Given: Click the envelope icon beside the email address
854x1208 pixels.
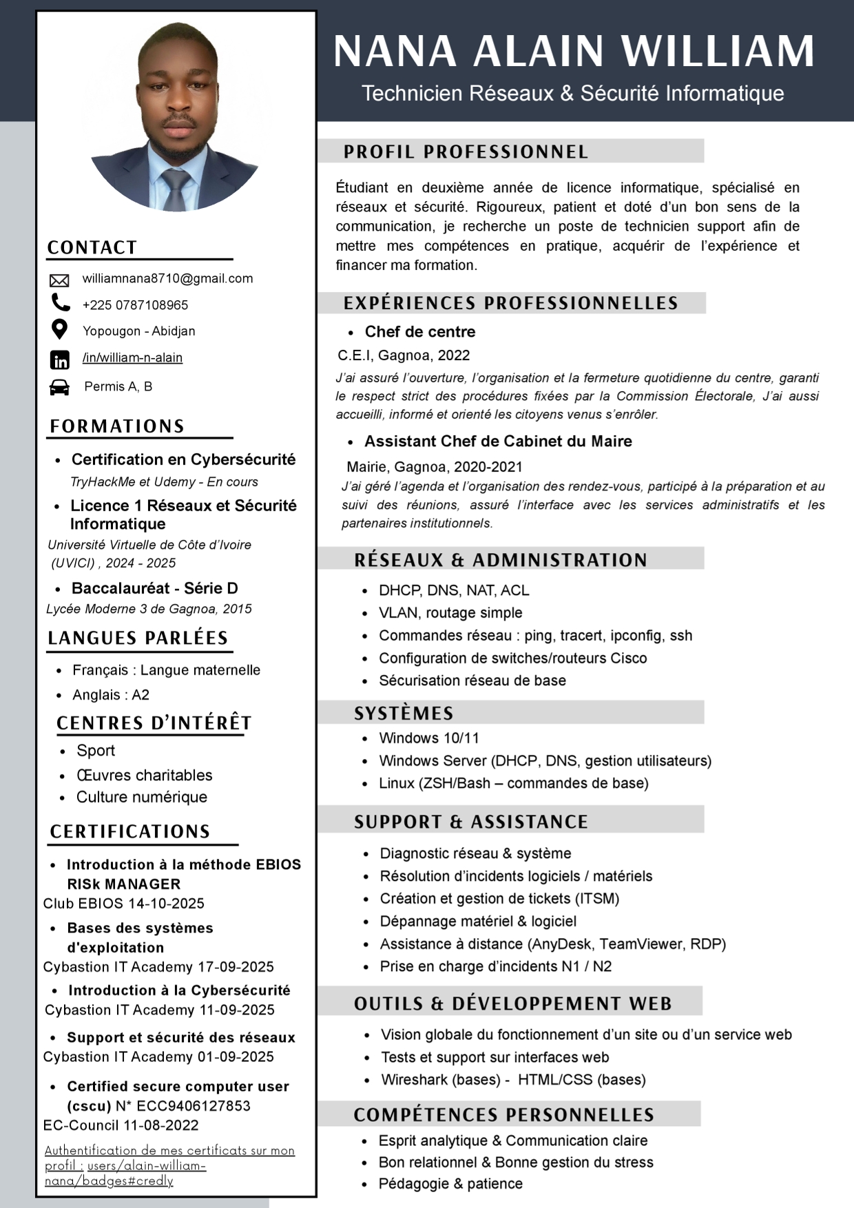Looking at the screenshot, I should [x=59, y=280].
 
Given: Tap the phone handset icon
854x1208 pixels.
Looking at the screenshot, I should [x=61, y=302].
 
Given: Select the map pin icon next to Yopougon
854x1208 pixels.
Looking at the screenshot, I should [x=60, y=329].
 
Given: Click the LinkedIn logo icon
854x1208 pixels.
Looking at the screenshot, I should [x=60, y=360].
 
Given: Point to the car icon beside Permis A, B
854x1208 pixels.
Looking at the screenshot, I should [x=60, y=387].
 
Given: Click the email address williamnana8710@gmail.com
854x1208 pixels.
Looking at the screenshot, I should [x=167, y=279].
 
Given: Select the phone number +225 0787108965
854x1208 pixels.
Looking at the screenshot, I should [x=135, y=305].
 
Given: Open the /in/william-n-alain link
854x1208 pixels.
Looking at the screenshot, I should [x=132, y=357].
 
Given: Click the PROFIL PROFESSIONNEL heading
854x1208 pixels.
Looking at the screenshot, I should [x=466, y=152].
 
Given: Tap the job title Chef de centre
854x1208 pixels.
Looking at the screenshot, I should [x=420, y=332].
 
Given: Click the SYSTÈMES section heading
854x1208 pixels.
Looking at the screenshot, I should [x=404, y=714].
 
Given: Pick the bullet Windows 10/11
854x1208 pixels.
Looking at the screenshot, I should [x=428, y=738].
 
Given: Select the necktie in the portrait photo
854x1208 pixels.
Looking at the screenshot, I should [x=176, y=189].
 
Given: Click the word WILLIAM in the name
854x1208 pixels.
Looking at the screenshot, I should [x=718, y=51].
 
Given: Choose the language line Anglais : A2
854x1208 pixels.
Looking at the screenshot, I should [x=111, y=695].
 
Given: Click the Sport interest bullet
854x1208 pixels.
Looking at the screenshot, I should [x=96, y=751].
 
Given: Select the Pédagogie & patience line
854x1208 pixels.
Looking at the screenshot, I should [x=450, y=1184].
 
